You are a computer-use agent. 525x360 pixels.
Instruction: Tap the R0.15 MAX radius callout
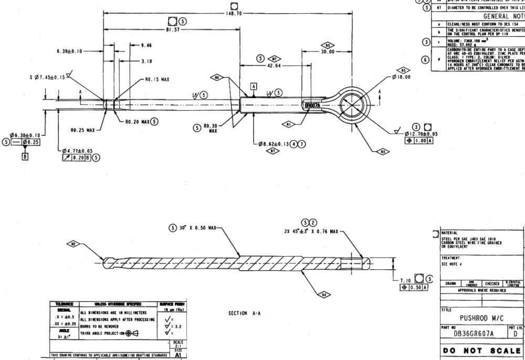[x=155, y=82]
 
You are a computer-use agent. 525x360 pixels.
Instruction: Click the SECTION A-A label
[x=245, y=313]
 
